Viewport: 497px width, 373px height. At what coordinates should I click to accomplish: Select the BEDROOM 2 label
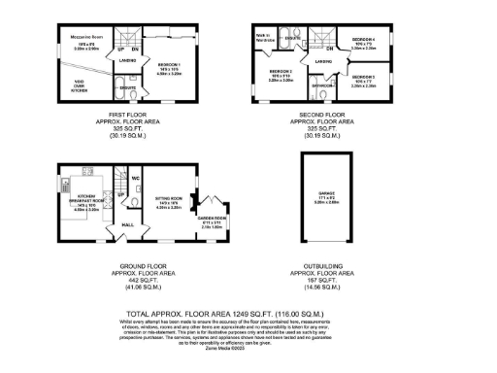pos(282,72)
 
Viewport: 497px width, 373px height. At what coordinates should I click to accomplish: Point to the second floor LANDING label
pos(323,61)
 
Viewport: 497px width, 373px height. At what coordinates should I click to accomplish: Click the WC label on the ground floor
pos(136,178)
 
